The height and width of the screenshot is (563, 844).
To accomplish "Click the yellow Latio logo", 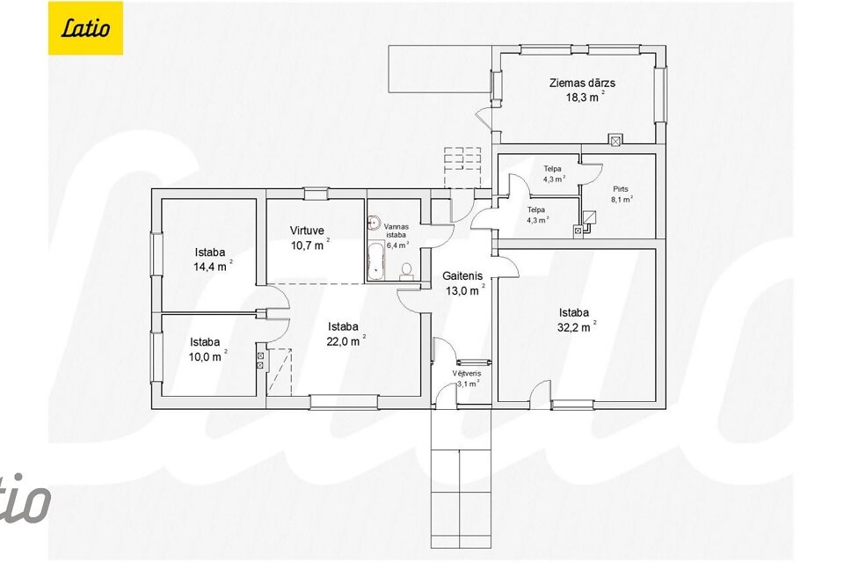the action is [85, 28].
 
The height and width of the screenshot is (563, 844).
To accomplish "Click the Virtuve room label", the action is [307, 230].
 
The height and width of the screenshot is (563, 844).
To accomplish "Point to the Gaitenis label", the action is [462, 276].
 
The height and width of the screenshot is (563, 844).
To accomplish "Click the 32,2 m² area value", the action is [577, 326].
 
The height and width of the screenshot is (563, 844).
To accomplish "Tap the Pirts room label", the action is [621, 189].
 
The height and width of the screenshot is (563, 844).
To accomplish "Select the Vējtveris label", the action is [467, 373].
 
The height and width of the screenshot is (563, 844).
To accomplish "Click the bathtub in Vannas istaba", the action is [375, 260].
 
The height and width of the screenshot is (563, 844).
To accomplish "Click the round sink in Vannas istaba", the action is [373, 222].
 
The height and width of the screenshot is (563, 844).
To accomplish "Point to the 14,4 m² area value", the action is [213, 266].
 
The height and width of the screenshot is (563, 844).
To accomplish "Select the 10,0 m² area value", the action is [207, 356].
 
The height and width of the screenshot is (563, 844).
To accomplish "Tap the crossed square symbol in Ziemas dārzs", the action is [615, 140].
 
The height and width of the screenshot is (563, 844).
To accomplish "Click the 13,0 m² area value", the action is [463, 291].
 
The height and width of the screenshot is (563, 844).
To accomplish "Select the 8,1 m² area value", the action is [622, 199].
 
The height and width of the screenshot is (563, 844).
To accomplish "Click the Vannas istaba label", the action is [397, 230].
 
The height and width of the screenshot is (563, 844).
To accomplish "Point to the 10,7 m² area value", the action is [309, 245].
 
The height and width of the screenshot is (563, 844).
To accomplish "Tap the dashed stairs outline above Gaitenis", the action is [462, 167].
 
